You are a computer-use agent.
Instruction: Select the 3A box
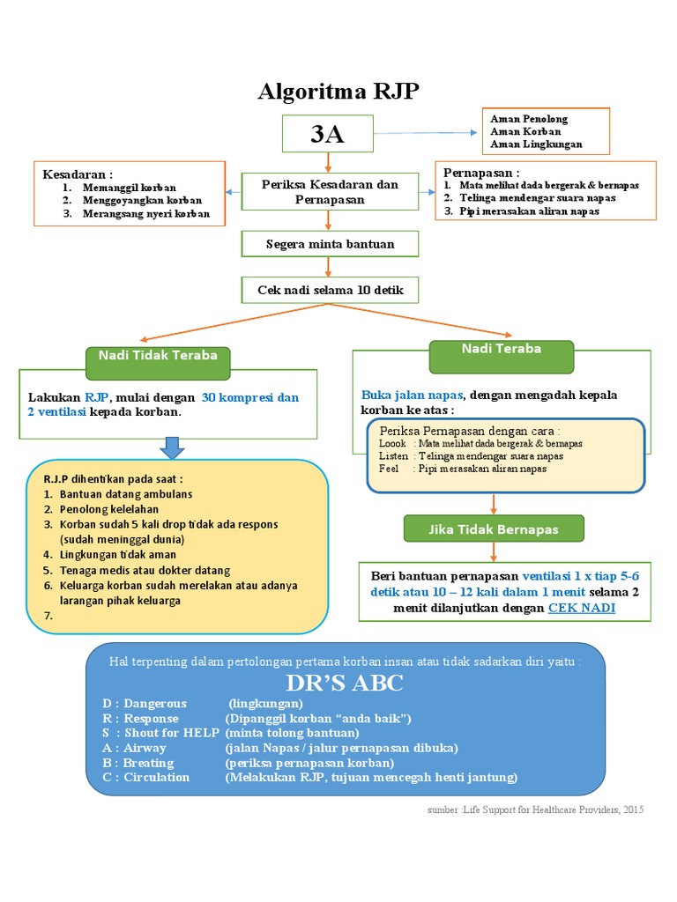point(327,135)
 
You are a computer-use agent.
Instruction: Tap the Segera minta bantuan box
point(330,243)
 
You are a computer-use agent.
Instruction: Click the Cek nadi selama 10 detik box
point(330,290)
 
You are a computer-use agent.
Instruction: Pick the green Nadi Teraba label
point(501,350)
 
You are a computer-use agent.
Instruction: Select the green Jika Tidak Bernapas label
point(494,530)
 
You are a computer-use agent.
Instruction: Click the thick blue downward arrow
point(174,448)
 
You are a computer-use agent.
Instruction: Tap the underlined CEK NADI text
point(582,608)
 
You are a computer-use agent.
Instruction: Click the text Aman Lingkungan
point(536,144)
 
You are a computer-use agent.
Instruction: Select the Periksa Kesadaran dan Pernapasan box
point(330,192)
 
